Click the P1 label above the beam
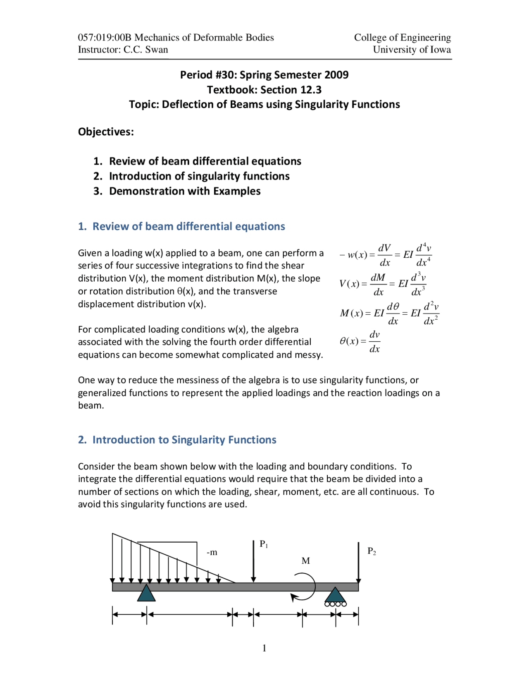click(264, 544)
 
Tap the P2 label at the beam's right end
click(372, 551)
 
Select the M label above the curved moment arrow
click(305, 561)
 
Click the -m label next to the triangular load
click(212, 553)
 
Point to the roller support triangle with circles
click(335, 596)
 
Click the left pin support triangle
click(146, 593)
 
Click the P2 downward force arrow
click(358, 563)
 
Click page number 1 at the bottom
click(264, 648)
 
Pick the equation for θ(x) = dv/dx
click(360, 341)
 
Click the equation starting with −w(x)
click(386, 255)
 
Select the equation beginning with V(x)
click(382, 284)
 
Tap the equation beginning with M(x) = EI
click(389, 313)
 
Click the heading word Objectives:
click(106, 132)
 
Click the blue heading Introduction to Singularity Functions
click(184, 440)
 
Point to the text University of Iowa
click(412, 50)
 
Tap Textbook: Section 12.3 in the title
click(264, 90)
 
